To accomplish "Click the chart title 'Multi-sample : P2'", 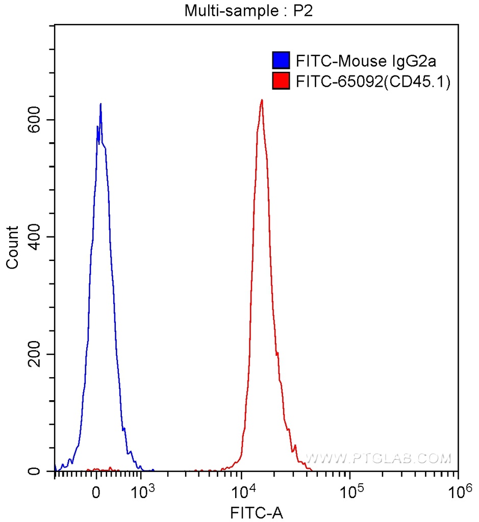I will click(248, 11).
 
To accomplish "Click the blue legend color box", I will click(281, 61).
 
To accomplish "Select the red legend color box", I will click(281, 81).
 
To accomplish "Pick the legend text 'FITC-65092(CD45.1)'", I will click(373, 82).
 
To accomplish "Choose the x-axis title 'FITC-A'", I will click(257, 511).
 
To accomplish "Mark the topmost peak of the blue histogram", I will click(100, 104).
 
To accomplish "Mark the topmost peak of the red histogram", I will click(262, 100).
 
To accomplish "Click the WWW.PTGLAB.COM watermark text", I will click(377, 458).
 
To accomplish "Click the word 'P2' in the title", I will click(302, 11).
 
